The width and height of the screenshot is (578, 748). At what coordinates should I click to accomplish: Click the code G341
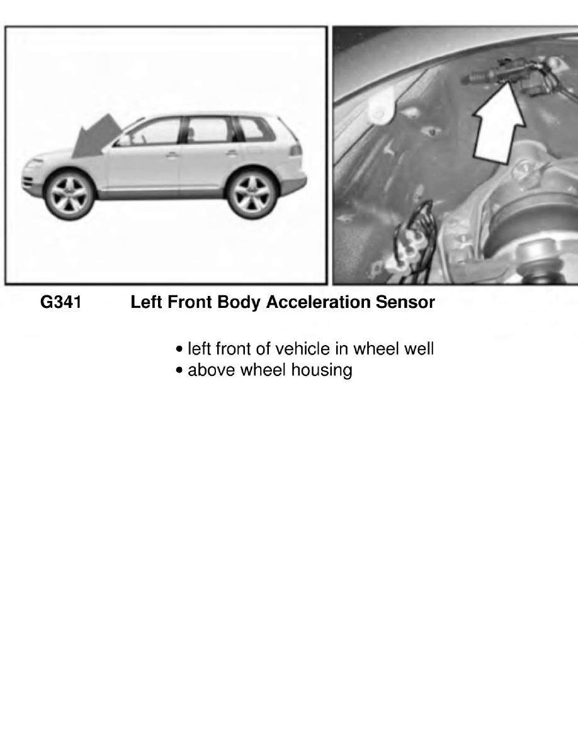point(60,303)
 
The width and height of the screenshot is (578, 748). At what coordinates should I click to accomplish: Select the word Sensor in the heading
point(405,303)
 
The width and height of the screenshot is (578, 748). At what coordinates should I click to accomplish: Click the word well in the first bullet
point(421,349)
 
